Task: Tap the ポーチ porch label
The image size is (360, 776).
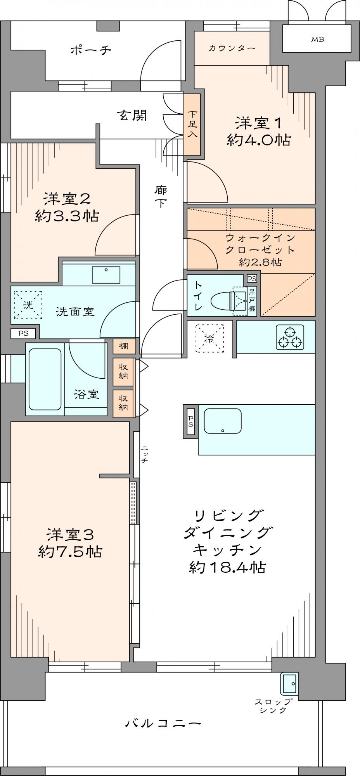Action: pos(91,50)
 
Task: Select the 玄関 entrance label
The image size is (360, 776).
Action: pos(133,115)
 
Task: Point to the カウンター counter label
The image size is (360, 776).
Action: pos(232,48)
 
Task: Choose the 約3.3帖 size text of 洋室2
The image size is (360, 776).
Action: pos(67,216)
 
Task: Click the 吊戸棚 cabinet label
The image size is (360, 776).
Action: pos(252,299)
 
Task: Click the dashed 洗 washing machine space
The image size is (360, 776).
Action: pos(28,305)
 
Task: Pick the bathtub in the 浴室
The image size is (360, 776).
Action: pos(45,379)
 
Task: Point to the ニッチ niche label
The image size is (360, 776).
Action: pos(144,454)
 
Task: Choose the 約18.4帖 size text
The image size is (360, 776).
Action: pos(227,568)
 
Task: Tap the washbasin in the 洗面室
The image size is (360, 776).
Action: pos(106,275)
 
